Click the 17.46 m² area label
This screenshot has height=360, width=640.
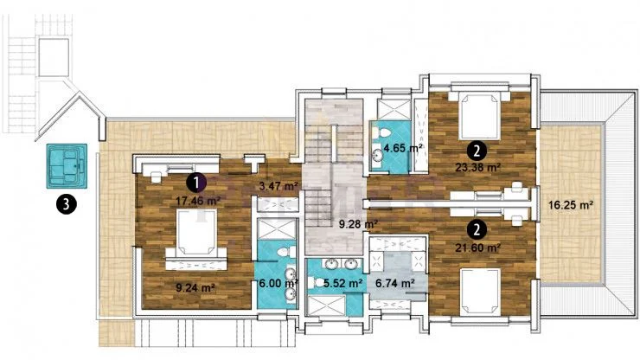click(198, 201)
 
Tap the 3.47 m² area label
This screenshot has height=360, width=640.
click(278, 186)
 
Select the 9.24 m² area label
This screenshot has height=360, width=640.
click(195, 287)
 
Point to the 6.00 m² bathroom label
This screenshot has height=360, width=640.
click(277, 283)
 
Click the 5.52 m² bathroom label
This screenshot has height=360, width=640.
click(343, 283)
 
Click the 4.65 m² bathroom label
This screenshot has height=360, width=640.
click(403, 148)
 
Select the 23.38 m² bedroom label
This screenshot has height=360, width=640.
click(478, 167)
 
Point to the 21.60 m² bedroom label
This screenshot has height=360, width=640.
click(478, 247)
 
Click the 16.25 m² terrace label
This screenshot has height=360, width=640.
click(571, 205)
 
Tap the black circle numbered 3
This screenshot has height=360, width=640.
click(67, 204)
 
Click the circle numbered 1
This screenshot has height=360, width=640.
click(196, 183)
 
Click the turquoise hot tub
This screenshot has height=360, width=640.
click(67, 166)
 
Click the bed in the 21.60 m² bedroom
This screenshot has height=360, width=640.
click(480, 292)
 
